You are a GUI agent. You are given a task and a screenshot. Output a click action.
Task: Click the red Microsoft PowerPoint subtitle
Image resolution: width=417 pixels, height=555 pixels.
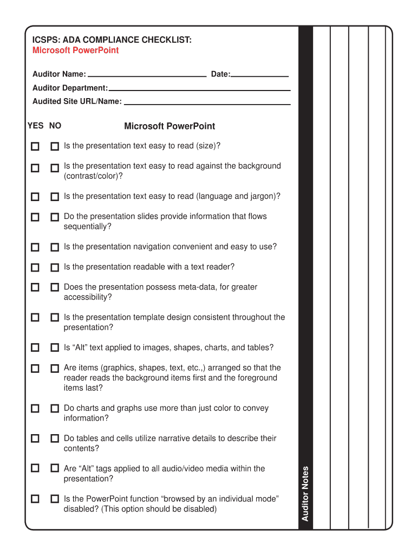(x=75, y=50)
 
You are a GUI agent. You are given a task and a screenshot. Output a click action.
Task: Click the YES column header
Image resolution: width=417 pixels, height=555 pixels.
(x=35, y=126)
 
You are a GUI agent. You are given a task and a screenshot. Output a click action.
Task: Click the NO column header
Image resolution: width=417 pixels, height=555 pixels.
(x=55, y=126)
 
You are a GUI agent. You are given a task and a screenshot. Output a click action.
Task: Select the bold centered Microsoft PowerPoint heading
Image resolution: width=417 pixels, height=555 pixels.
(x=170, y=126)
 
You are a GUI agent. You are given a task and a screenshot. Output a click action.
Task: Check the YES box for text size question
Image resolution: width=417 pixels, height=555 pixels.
(x=35, y=146)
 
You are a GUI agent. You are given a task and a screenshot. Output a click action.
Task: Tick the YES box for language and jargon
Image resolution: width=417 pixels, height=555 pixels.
(x=35, y=197)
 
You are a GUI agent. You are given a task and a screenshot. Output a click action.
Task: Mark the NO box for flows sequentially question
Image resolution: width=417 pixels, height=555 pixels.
(x=55, y=217)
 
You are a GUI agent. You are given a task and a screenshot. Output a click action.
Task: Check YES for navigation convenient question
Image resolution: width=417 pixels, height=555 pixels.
(x=35, y=247)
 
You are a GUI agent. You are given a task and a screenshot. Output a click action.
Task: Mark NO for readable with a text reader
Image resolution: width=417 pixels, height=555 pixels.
(x=55, y=267)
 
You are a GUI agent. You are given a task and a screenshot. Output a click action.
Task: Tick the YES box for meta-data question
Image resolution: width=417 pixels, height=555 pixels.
(x=35, y=287)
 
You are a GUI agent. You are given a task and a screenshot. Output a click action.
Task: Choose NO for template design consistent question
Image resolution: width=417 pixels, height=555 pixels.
(x=55, y=318)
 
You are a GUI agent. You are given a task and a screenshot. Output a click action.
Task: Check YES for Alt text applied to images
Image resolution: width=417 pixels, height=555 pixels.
(x=35, y=347)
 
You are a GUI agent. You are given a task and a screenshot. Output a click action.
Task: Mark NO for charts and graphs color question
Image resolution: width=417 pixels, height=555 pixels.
(x=55, y=408)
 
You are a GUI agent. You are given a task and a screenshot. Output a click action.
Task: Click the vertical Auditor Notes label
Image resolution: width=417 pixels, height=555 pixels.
(x=305, y=493)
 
